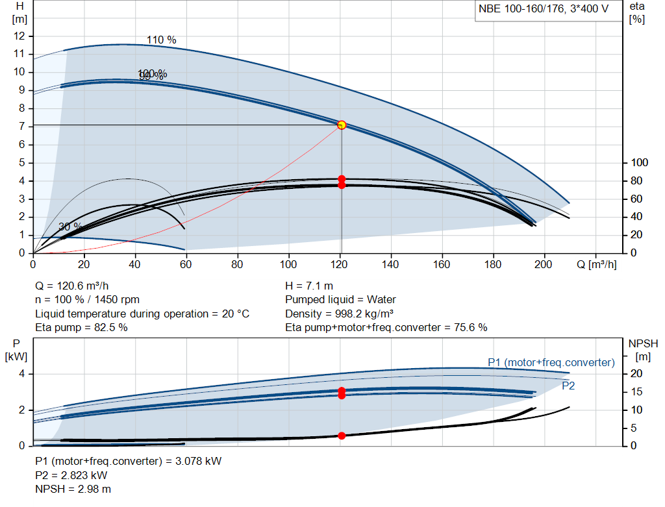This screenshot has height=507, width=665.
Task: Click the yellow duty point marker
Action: coord(342,125)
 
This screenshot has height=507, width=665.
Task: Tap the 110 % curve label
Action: coord(161,40)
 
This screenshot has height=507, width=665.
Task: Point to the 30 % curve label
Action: coord(70,227)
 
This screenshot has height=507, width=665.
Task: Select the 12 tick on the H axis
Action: coord(19,35)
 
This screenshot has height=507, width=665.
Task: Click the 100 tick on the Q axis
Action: coord(288,264)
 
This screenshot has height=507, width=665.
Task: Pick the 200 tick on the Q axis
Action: coord(544,264)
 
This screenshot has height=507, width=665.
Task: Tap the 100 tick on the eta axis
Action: coord(640,162)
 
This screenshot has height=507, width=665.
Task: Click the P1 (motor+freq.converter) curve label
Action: coord(551,362)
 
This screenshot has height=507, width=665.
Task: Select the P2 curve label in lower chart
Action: coord(568,386)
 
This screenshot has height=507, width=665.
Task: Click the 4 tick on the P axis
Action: coord(21,374)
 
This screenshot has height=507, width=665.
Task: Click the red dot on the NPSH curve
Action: coord(342,436)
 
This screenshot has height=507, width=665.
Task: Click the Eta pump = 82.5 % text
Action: coord(81,328)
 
